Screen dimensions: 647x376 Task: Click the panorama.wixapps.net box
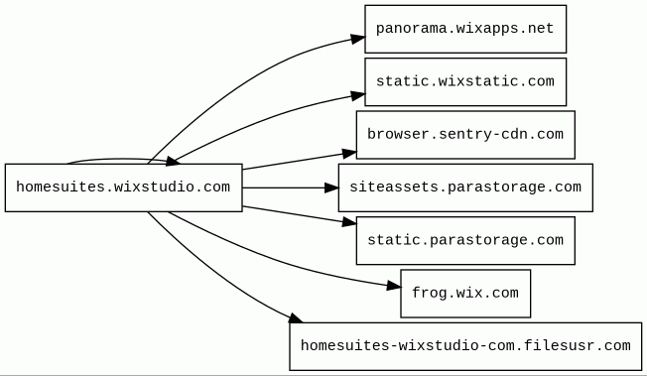[465, 29]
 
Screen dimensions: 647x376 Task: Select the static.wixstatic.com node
[465, 81]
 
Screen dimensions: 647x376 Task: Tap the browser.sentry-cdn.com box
[465, 135]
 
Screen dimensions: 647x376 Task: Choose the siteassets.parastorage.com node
[465, 188]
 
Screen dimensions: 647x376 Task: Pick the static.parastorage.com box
[465, 241]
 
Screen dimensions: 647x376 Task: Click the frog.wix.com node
[465, 294]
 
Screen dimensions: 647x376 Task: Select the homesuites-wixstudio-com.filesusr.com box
[465, 346]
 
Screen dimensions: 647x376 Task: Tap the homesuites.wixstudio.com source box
[123, 188]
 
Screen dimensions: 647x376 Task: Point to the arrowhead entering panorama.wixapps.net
[358, 39]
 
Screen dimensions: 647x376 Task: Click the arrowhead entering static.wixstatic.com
[358, 96]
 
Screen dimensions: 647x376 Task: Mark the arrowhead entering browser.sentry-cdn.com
[349, 154]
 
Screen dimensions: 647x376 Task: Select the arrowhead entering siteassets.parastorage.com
[331, 188]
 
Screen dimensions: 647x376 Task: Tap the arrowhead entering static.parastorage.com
[349, 222]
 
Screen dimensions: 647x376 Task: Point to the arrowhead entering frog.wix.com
[394, 285]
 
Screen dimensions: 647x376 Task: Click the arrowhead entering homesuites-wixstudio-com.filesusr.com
[296, 318]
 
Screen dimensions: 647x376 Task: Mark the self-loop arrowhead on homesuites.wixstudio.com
[173, 162]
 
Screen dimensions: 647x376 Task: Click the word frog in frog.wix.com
[427, 294]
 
